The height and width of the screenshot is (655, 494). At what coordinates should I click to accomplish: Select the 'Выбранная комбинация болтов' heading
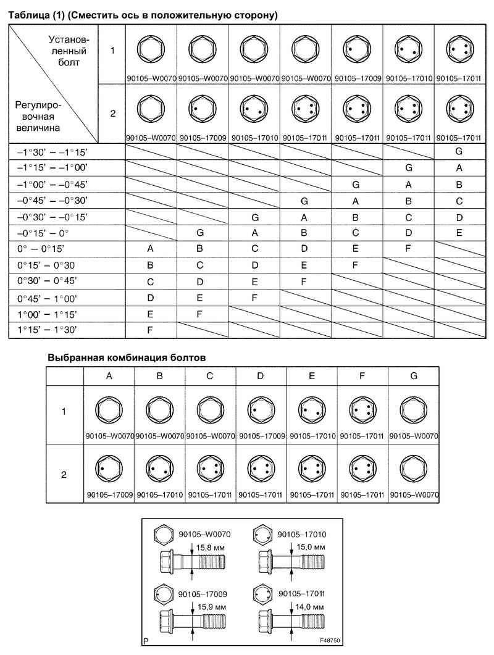pyautogui.click(x=126, y=357)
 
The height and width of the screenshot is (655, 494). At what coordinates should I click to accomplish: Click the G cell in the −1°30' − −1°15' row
pyautogui.click(x=459, y=151)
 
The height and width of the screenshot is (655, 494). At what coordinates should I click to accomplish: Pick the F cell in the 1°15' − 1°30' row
pyautogui.click(x=150, y=330)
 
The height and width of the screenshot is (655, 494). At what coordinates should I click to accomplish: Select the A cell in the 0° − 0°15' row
pyautogui.click(x=150, y=249)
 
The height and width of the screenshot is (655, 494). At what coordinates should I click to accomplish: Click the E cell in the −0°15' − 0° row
pyautogui.click(x=459, y=233)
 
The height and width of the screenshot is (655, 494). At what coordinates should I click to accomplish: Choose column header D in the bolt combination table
pyautogui.click(x=261, y=375)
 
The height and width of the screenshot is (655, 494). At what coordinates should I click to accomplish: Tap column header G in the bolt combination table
pyautogui.click(x=413, y=375)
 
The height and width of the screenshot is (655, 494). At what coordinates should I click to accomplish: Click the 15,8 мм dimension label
pyautogui.click(x=208, y=547)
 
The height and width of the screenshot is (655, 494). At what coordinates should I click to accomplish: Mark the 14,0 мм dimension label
pyautogui.click(x=309, y=607)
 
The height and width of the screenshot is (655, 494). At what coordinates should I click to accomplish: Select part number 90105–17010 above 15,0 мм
pyautogui.click(x=302, y=534)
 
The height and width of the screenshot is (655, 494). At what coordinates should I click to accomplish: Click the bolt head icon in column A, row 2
pyautogui.click(x=109, y=472)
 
